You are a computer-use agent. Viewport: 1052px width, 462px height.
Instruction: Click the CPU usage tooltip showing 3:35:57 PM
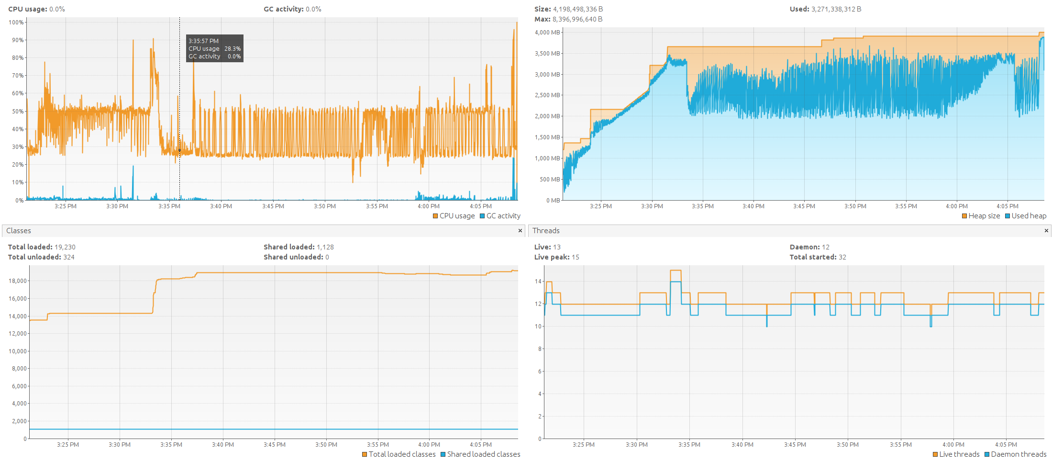click(x=214, y=48)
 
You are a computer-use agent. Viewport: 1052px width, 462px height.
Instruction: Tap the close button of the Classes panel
click(x=520, y=231)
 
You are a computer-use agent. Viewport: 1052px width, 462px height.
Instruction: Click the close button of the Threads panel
click(x=1046, y=231)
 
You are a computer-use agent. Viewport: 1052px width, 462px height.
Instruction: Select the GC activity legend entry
click(x=500, y=216)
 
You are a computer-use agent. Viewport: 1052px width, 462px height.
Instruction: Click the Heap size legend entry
click(x=981, y=216)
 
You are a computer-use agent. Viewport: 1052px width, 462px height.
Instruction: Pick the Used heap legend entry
click(x=1026, y=216)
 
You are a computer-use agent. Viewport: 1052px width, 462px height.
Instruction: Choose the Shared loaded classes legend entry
click(x=480, y=454)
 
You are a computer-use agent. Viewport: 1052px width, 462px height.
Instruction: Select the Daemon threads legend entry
click(x=1015, y=454)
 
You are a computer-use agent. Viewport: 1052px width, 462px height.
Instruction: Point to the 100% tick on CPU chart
click(x=16, y=23)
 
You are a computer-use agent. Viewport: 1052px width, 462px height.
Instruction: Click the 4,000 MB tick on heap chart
click(x=547, y=33)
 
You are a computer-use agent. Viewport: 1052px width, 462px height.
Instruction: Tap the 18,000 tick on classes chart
click(x=18, y=281)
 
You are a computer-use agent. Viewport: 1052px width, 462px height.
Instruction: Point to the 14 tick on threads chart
click(x=538, y=282)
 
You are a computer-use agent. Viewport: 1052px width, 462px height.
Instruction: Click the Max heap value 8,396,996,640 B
click(x=577, y=19)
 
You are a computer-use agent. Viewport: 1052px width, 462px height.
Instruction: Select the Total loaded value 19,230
click(x=65, y=247)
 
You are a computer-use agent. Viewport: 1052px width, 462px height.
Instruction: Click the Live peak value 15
click(x=576, y=257)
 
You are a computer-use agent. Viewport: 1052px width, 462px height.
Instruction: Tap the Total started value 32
click(x=842, y=257)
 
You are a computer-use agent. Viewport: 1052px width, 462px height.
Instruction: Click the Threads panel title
click(x=546, y=231)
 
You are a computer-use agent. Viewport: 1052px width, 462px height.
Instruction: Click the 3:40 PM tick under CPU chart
click(x=221, y=206)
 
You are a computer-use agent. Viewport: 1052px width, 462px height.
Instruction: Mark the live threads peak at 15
click(x=675, y=270)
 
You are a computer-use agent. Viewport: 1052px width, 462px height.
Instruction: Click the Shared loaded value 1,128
click(x=325, y=247)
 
